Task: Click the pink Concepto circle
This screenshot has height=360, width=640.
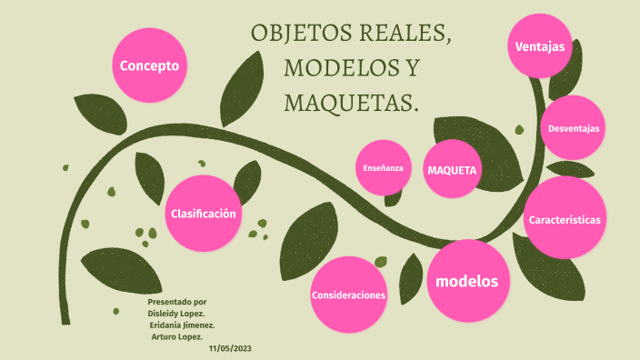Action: [x=150, y=66]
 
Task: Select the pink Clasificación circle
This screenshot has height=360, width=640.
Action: [x=204, y=214]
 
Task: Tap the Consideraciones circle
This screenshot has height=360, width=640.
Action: [x=349, y=295]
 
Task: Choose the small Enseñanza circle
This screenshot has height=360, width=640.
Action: [x=383, y=168]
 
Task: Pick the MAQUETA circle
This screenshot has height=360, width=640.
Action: [x=453, y=170]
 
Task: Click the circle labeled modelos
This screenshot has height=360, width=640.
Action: [x=467, y=281]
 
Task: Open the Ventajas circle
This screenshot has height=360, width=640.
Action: [x=540, y=46]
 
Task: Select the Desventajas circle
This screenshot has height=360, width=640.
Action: [x=574, y=129]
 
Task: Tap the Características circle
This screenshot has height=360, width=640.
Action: [x=565, y=220]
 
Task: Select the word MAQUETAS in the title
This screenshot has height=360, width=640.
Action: [x=352, y=103]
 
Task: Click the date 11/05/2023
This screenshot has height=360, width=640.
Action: [x=229, y=348]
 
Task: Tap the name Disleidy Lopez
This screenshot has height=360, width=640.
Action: [x=175, y=313]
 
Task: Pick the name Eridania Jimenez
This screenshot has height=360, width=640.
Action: [x=182, y=325]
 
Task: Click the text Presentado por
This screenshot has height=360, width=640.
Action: [x=176, y=301]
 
